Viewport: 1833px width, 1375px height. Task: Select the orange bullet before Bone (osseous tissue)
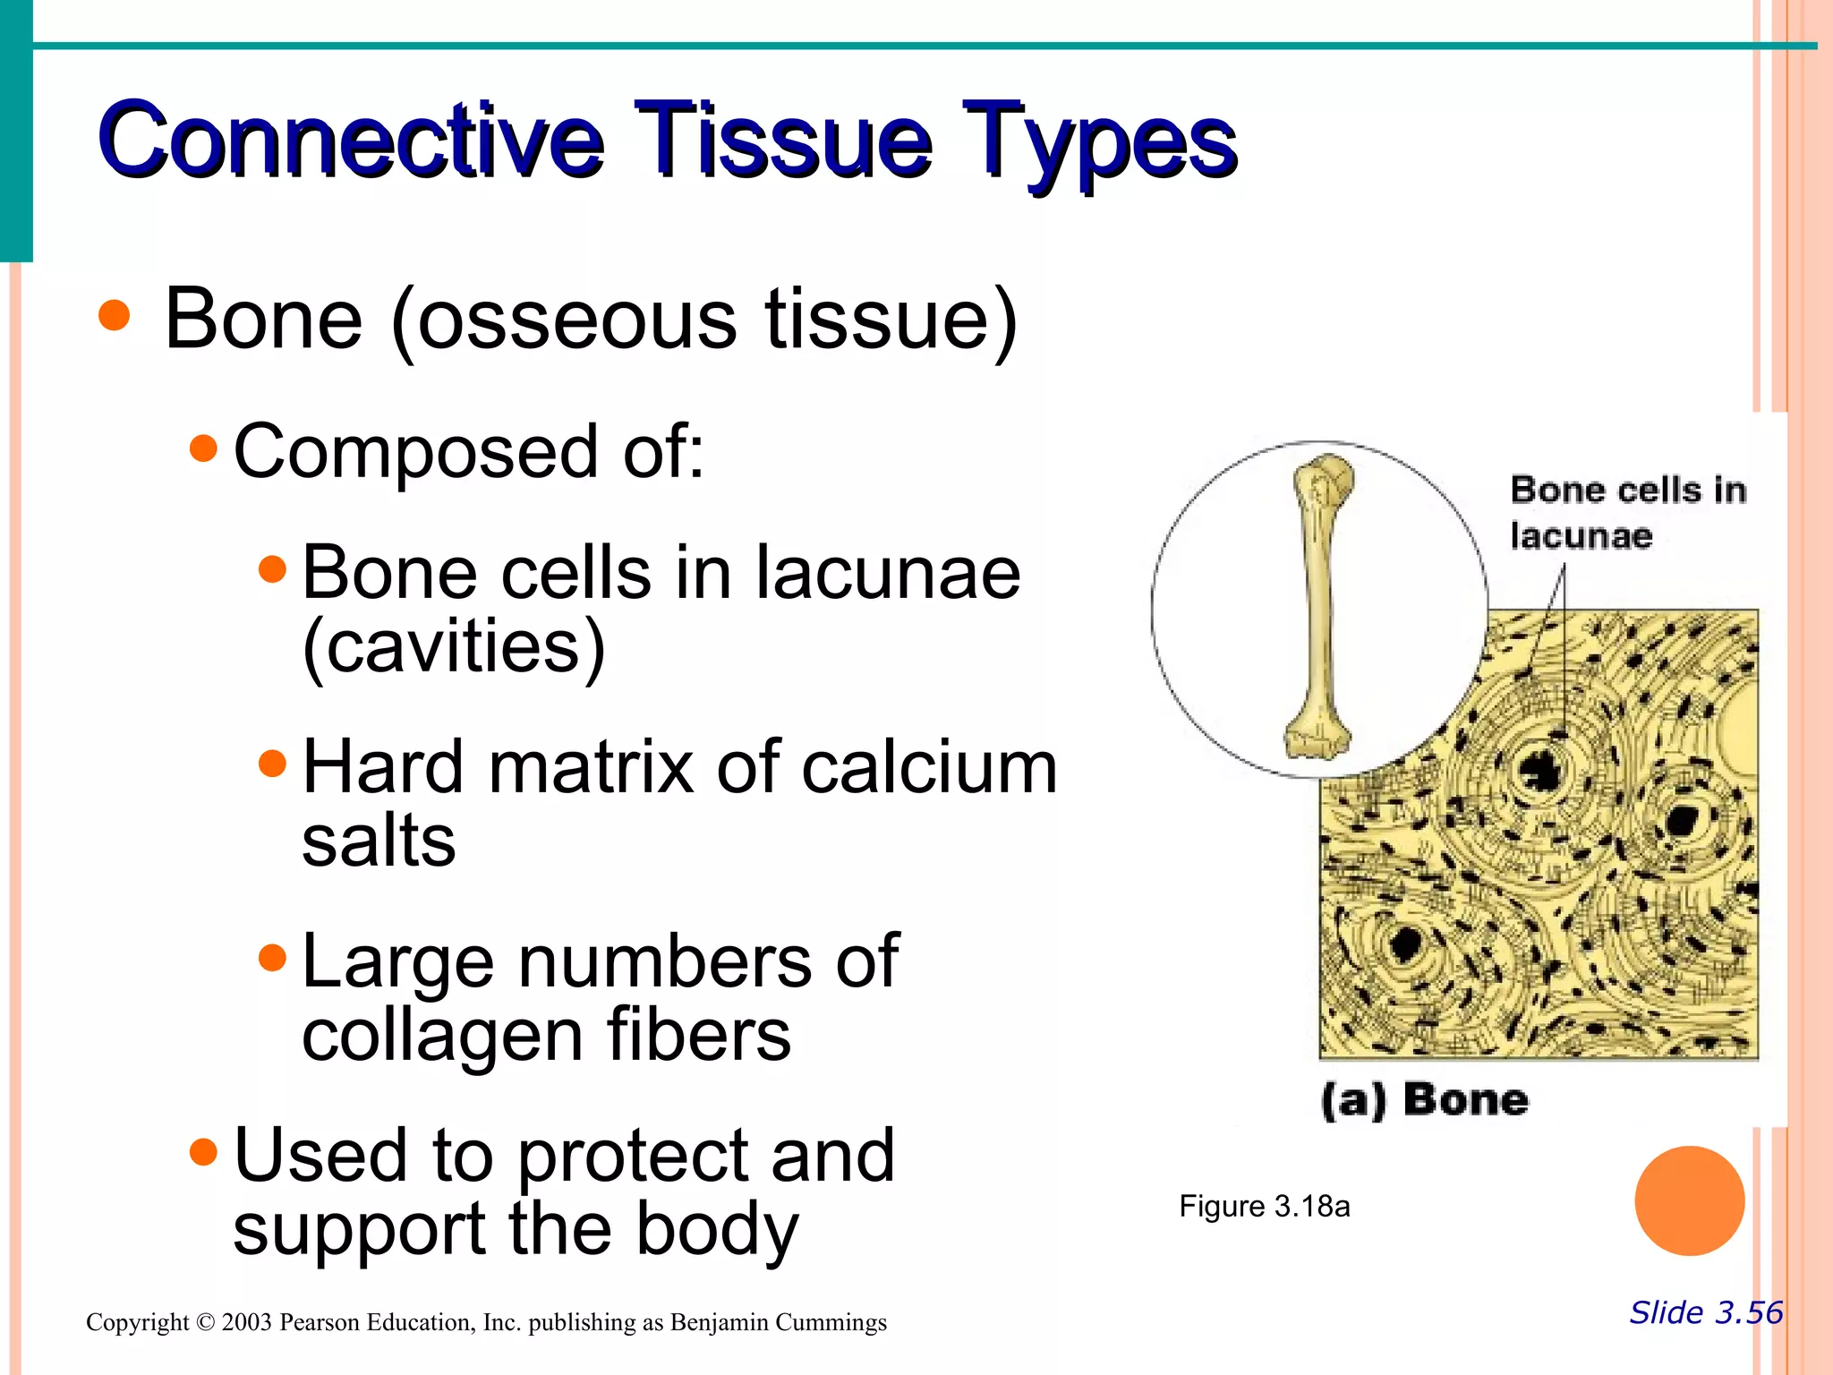tap(115, 315)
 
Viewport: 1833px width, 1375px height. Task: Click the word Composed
tap(415, 451)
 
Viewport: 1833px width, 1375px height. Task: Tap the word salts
tap(379, 841)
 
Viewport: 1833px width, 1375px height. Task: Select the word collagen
tap(442, 1037)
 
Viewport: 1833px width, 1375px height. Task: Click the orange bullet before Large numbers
tap(272, 959)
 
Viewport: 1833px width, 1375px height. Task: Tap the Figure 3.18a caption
tap(1264, 1207)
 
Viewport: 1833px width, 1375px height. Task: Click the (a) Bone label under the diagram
tap(1424, 1099)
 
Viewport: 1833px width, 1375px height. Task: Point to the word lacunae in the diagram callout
tap(1581, 536)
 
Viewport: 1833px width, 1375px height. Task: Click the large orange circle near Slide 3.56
tap(1689, 1200)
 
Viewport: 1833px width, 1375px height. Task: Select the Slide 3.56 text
tap(1705, 1312)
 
